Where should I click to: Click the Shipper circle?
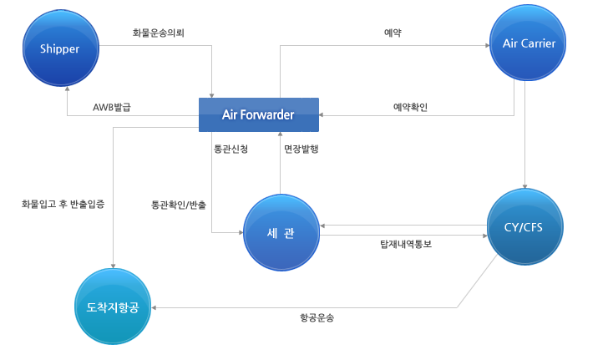[x=61, y=48]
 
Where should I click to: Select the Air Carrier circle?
[x=528, y=43]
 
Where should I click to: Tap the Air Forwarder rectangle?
[x=259, y=114]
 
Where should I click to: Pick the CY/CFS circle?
[x=525, y=226]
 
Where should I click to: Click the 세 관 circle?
[x=281, y=232]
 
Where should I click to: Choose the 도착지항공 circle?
[x=113, y=307]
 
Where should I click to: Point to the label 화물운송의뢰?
[x=159, y=33]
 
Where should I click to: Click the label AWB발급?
[x=112, y=107]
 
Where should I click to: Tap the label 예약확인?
[x=411, y=107]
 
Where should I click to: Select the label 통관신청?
[x=231, y=149]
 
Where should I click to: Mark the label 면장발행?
[x=301, y=149]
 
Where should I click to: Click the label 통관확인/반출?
[x=179, y=205]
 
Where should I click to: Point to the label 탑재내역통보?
[x=406, y=244]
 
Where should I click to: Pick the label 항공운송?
[x=317, y=317]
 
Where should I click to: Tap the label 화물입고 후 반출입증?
[x=63, y=204]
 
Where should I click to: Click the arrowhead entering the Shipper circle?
[x=68, y=89]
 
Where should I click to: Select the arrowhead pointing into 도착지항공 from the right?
[x=154, y=307]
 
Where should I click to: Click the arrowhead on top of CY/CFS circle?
[x=524, y=186]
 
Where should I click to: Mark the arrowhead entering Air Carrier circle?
[x=487, y=45]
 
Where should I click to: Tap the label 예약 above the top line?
[x=393, y=33]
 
